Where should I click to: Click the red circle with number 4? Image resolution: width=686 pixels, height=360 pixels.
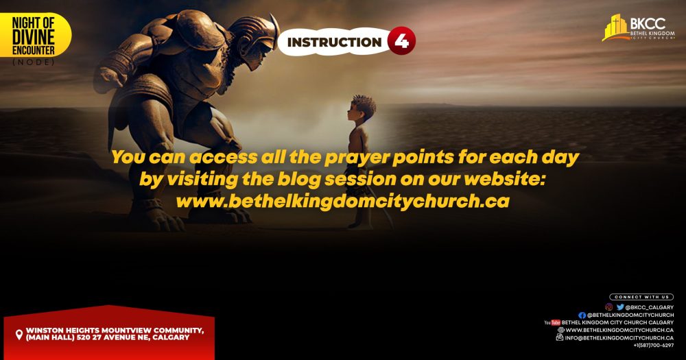[401, 41]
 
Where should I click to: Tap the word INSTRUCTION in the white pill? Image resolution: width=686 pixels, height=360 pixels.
[334, 42]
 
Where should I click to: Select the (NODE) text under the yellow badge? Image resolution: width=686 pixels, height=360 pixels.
[33, 62]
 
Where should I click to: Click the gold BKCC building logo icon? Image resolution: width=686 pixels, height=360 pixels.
[616, 27]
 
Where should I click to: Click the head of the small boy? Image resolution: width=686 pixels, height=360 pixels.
[362, 108]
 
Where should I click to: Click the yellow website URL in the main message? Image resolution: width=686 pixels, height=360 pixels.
[342, 201]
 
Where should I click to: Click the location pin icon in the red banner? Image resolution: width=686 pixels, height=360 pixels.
[19, 335]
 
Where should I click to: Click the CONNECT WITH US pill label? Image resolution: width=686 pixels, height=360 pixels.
[641, 297]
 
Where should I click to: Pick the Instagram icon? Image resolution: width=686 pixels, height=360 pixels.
[608, 307]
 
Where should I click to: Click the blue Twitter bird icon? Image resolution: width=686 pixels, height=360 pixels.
[620, 307]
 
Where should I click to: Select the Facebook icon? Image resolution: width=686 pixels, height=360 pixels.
[582, 315]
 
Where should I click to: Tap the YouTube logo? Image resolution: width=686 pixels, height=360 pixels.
[552, 322]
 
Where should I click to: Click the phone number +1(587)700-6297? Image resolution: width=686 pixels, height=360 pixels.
[654, 346]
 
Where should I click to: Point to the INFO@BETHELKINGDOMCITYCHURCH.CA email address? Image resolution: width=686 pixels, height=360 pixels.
[619, 337]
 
